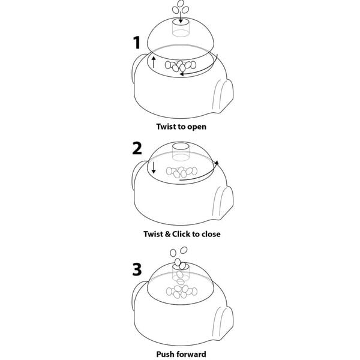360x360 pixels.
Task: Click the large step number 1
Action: pos(137,43)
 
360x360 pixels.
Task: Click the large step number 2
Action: pos(137,148)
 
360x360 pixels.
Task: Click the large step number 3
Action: pos(137,269)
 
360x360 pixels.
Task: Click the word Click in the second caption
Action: pos(181,234)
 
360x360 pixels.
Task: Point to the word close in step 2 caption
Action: pos(211,234)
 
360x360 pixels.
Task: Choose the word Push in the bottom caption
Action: pos(164,354)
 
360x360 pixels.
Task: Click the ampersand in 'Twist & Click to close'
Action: pos(168,234)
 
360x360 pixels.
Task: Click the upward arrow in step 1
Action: pos(154,62)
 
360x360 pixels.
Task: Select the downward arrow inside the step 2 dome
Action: pos(154,167)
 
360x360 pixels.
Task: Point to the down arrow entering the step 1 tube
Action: pos(181,17)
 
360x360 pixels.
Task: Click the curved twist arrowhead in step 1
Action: pos(182,74)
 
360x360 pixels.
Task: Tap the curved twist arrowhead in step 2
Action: pos(217,163)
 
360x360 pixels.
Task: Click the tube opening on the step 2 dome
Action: pos(181,146)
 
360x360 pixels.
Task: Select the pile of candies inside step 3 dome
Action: pos(181,292)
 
